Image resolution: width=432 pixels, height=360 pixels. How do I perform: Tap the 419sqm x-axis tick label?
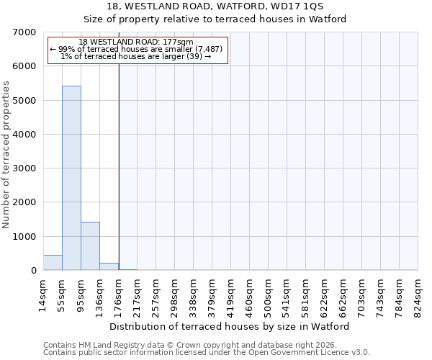231,294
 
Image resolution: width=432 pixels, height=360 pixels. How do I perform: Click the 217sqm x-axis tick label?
138,294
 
